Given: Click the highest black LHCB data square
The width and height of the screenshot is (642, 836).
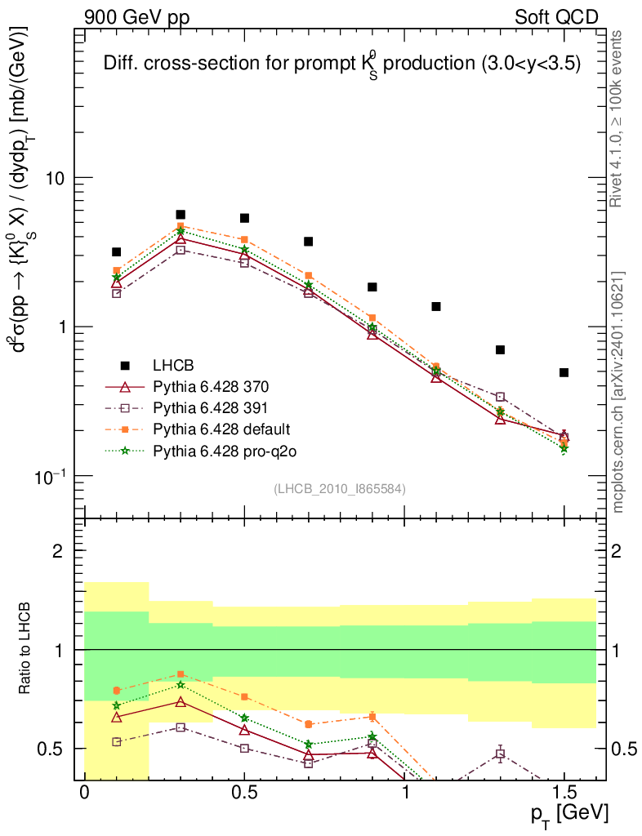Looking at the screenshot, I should click(x=181, y=215).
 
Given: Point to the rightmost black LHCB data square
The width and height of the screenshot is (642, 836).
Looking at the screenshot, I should click(x=564, y=372).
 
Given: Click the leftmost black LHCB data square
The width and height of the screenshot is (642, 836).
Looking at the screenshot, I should click(x=117, y=252).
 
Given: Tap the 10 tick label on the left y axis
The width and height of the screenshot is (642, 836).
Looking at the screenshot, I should click(x=55, y=178).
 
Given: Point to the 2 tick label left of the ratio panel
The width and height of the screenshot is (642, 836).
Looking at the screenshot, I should click(x=58, y=551).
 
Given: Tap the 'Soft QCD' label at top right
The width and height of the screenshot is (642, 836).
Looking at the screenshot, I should click(x=556, y=17).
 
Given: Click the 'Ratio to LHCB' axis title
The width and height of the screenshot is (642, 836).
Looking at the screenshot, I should click(x=25, y=649).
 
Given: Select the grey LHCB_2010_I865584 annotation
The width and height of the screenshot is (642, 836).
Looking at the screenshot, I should click(x=339, y=488).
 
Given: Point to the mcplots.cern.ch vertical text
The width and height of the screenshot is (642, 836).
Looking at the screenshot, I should click(x=618, y=392).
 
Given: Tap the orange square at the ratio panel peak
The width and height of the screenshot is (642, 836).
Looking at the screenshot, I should click(x=181, y=674).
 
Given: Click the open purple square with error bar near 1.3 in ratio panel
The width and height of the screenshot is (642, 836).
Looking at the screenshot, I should click(x=500, y=754).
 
